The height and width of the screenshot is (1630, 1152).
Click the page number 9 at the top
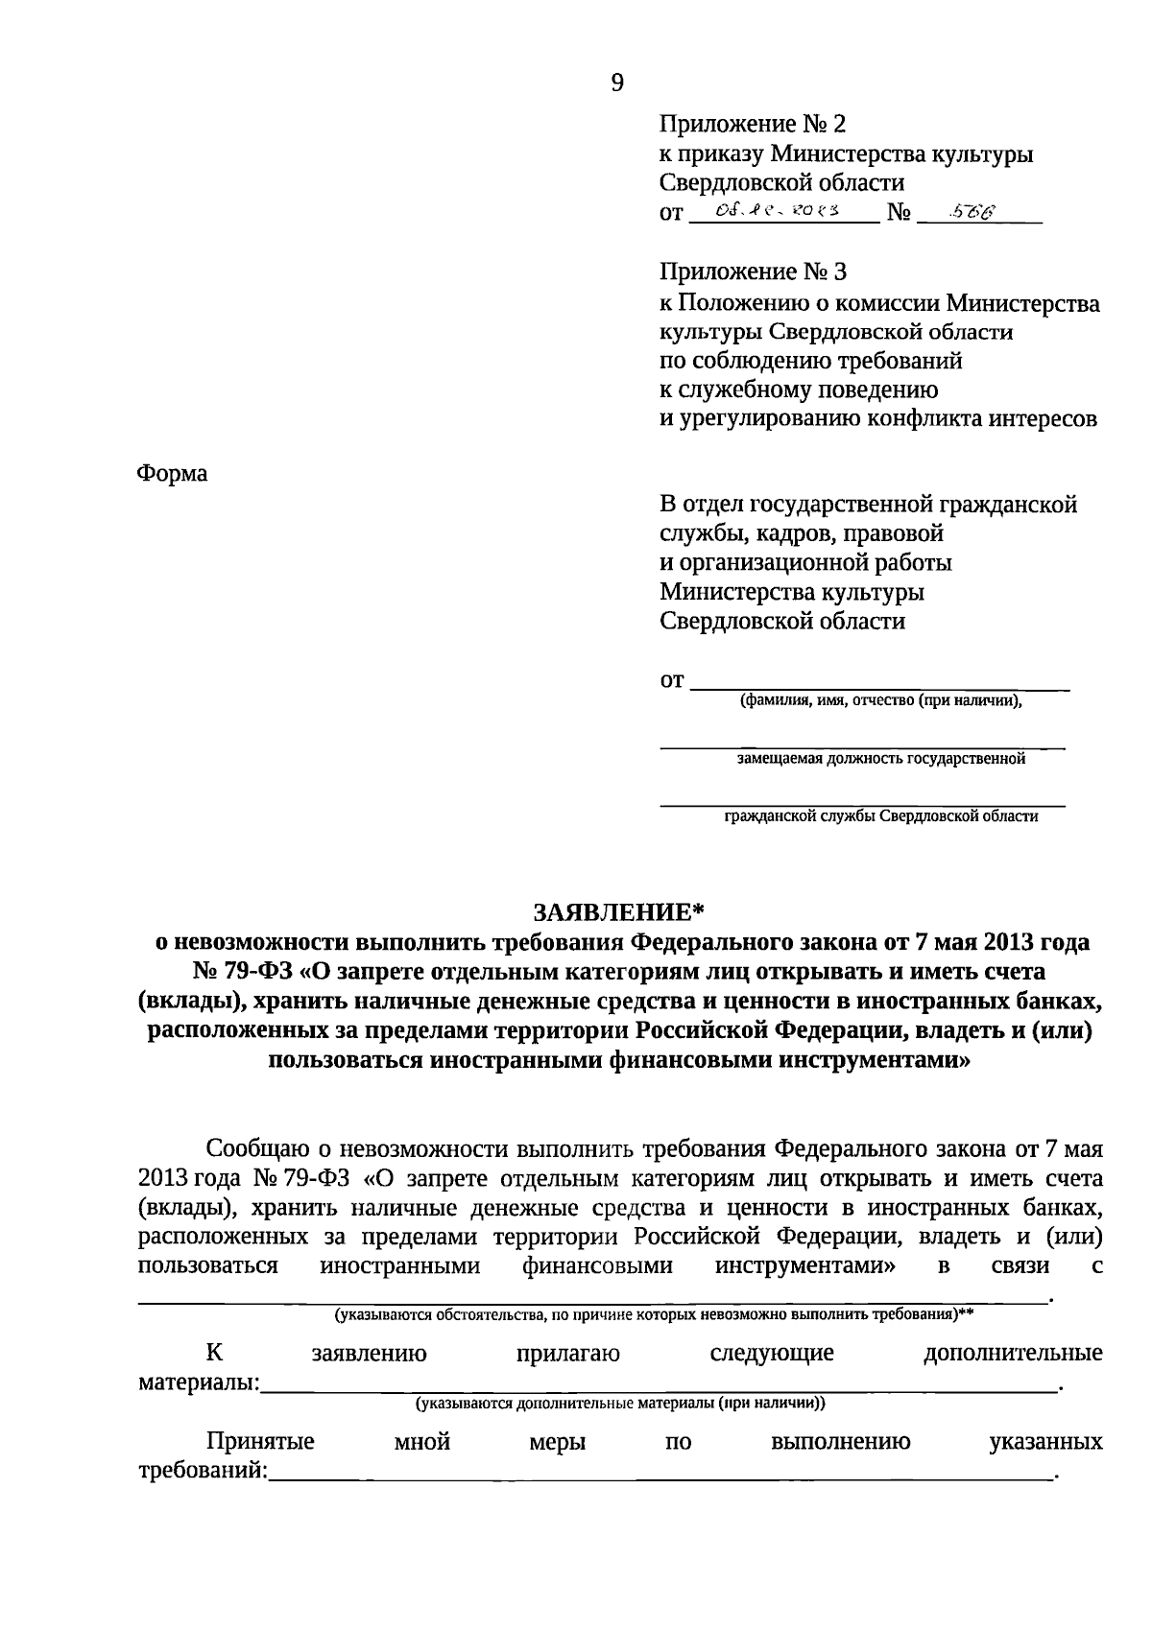click(616, 83)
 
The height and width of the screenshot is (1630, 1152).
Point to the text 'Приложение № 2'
click(754, 125)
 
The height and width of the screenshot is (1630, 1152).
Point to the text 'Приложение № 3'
click(754, 272)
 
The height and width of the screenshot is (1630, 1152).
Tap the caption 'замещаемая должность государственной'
click(880, 759)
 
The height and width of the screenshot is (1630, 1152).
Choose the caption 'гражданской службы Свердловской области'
click(880, 816)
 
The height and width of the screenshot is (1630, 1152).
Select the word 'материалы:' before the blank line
click(199, 1383)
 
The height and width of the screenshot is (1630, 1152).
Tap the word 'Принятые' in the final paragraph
click(260, 1442)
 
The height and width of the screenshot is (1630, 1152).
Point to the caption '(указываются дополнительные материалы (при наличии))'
click(619, 1404)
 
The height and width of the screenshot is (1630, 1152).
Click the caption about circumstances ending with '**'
click(653, 1315)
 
